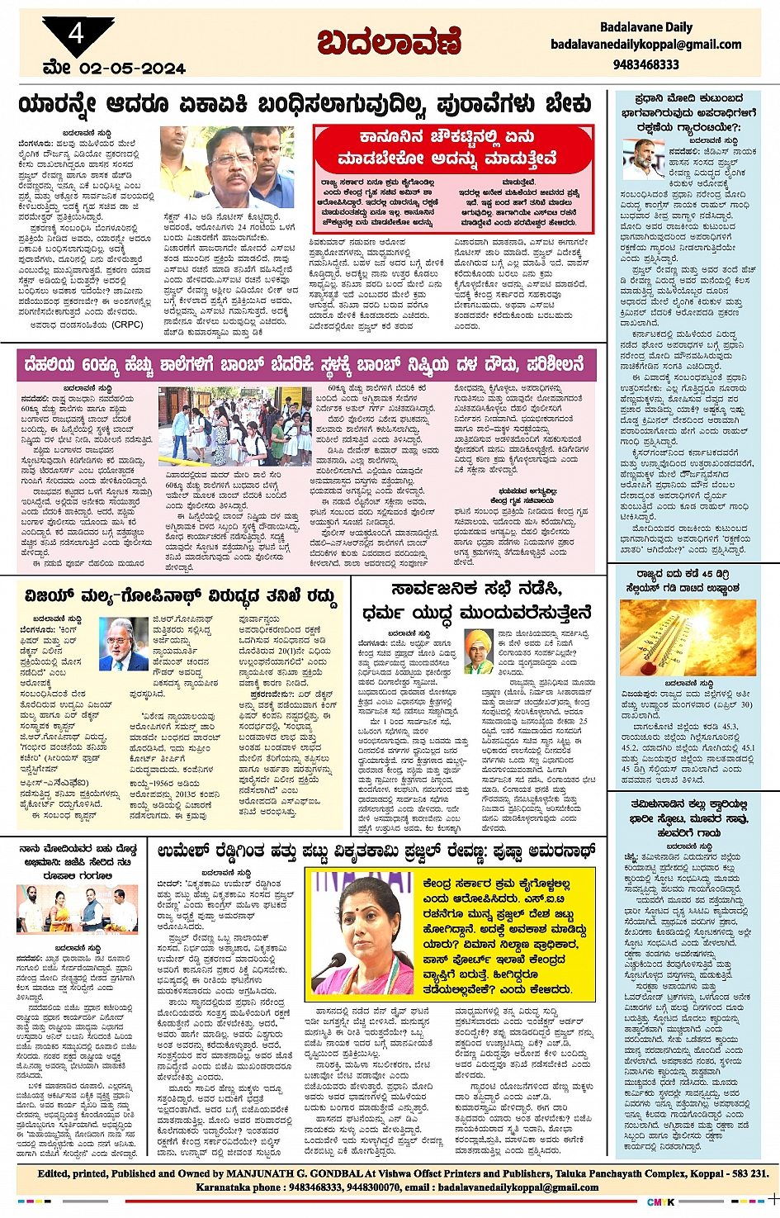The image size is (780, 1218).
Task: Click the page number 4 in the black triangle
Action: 77,34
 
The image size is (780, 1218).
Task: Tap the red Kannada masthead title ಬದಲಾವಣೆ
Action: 389,41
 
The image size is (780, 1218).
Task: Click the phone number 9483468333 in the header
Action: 645,64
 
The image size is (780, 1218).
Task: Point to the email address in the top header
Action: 645,45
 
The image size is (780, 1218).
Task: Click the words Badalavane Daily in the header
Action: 645,27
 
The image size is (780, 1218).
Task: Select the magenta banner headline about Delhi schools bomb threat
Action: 306,364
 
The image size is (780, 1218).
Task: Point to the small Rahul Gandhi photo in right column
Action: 644,159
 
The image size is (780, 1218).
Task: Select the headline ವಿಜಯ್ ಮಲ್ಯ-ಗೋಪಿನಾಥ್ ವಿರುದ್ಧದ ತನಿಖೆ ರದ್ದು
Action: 177,595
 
